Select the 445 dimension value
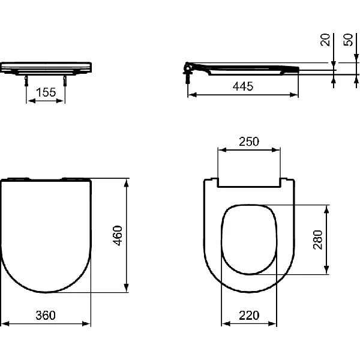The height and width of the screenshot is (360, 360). click(243, 86)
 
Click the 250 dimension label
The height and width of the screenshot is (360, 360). click(248, 142)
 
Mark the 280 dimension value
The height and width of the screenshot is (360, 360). click(318, 239)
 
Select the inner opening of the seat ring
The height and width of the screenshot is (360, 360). click(248, 239)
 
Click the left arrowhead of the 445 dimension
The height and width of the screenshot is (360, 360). click(191, 95)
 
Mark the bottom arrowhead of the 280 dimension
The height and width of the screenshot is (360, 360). click(327, 271)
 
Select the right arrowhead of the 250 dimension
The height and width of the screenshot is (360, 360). click(278, 150)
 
